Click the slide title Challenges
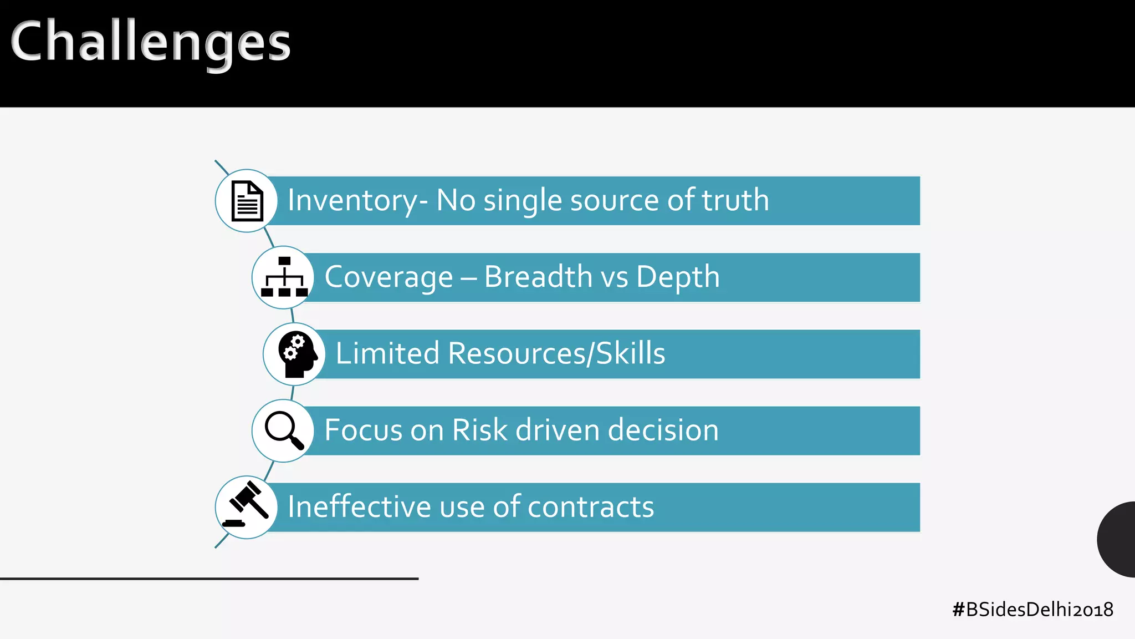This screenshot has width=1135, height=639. (x=150, y=42)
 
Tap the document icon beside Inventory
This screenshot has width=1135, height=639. (x=247, y=201)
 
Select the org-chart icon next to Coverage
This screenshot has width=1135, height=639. (x=284, y=277)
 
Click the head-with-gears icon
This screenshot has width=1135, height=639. (x=296, y=354)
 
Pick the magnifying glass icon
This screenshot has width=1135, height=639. (x=284, y=430)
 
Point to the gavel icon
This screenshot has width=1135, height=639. (x=247, y=506)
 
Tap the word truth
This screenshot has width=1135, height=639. (x=735, y=200)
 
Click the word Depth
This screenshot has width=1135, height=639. (x=678, y=277)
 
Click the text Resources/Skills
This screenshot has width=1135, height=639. (x=556, y=353)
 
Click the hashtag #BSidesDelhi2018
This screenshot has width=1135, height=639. (x=1032, y=610)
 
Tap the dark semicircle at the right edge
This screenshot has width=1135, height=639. (x=1117, y=539)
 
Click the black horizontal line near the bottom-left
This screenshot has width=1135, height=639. (x=209, y=579)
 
